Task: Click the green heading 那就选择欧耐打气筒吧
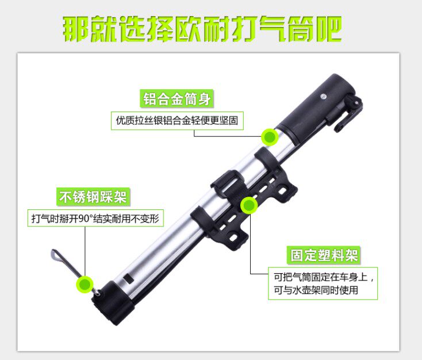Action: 202,29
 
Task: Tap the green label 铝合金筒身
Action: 177,98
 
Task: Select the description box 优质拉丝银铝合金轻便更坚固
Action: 177,121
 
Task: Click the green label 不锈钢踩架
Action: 93,197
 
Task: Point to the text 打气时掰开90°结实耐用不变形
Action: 95,219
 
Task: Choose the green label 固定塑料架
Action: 324,255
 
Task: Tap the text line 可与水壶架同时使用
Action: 316,290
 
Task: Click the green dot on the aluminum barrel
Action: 270,137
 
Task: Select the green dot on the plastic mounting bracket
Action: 249,205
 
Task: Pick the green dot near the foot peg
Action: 85,284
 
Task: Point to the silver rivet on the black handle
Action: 323,97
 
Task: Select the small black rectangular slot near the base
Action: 128,278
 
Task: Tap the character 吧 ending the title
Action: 329,29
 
